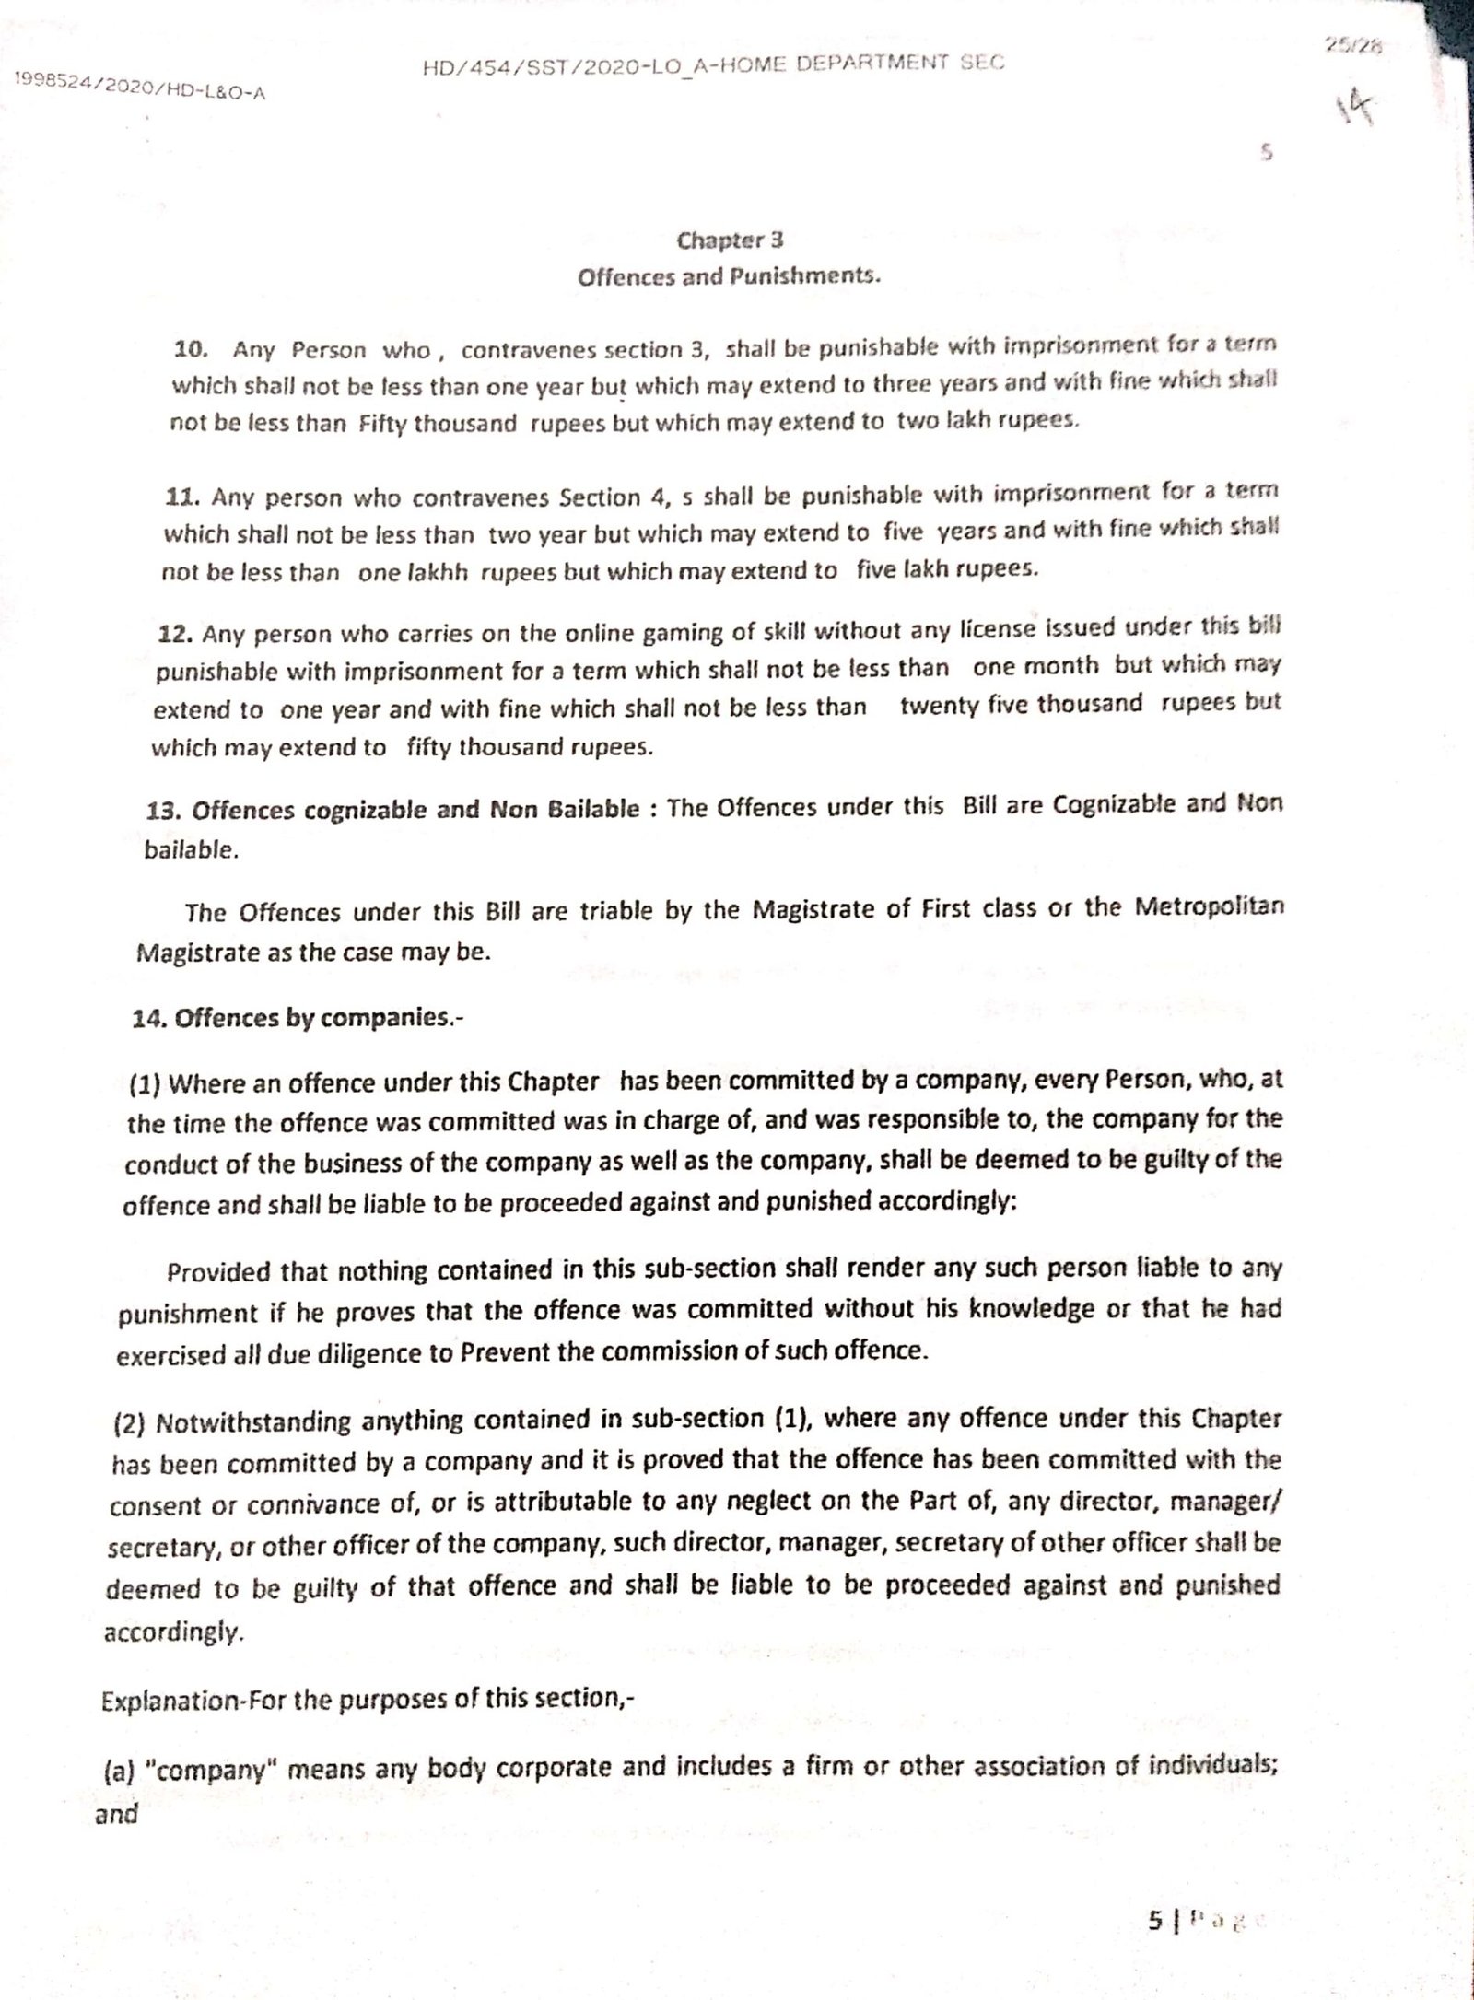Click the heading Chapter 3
730,240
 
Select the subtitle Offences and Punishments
729,276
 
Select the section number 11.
182,497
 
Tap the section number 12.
175,636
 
